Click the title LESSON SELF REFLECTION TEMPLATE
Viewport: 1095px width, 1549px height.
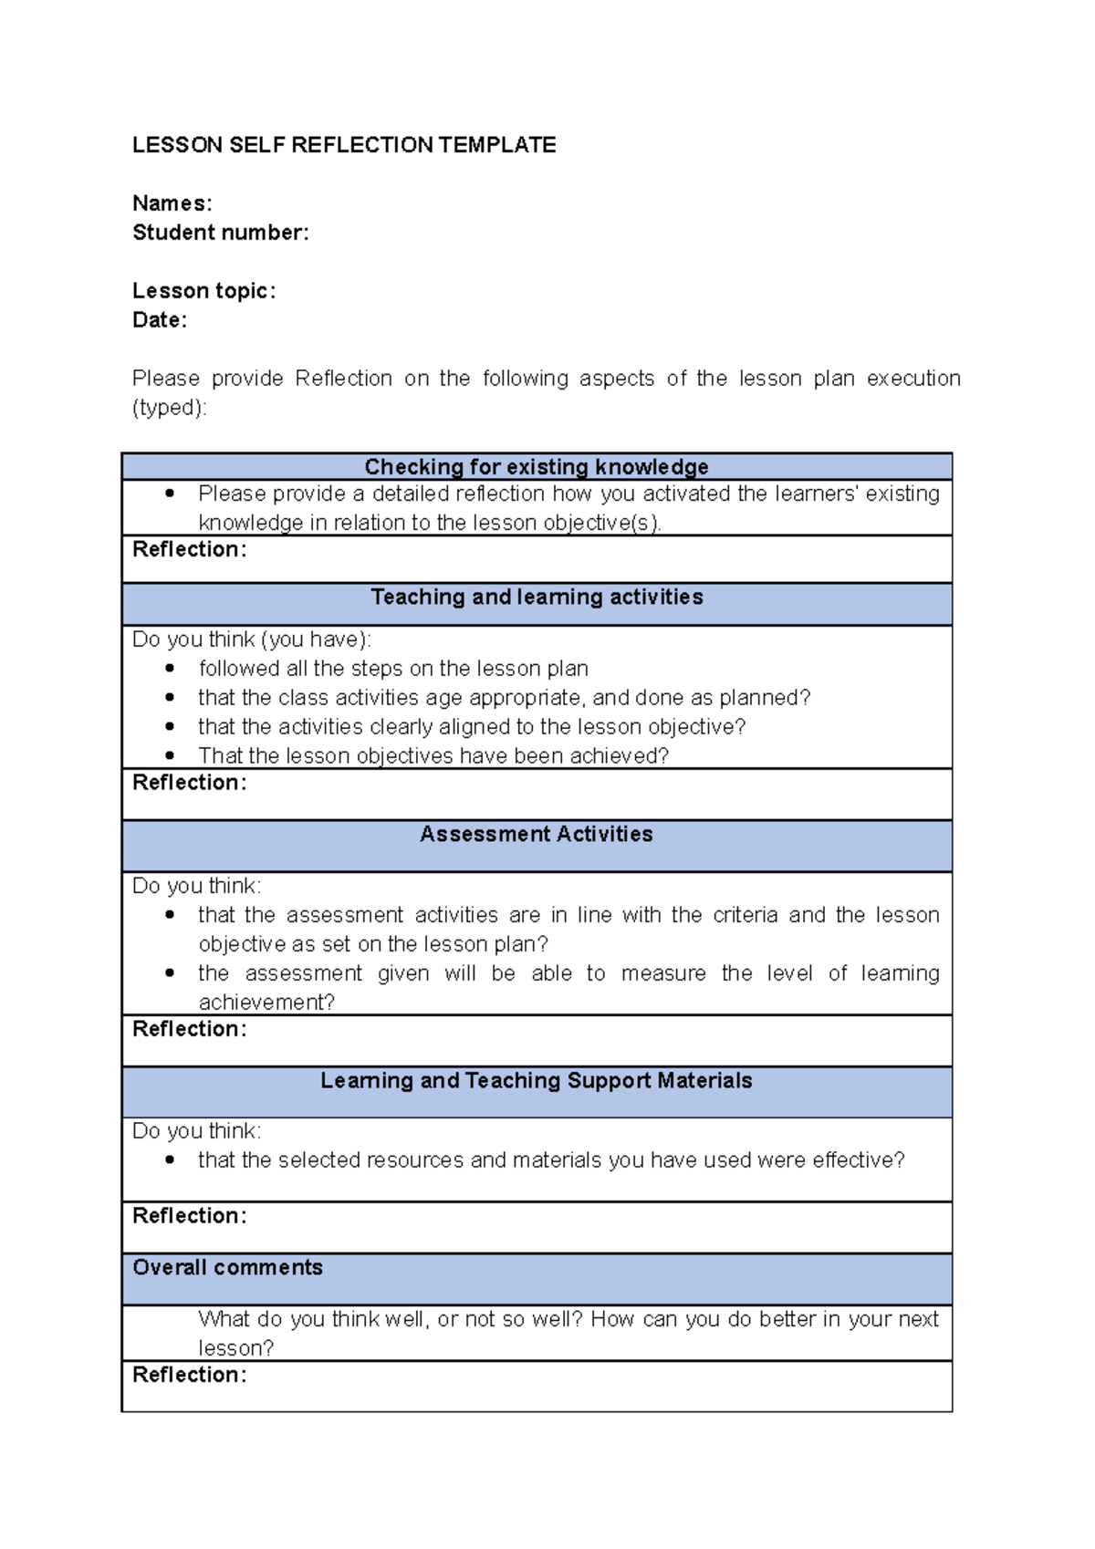point(344,145)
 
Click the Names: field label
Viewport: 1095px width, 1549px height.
point(172,203)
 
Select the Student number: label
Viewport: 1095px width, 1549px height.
point(221,233)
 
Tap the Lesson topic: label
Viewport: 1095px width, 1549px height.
point(203,291)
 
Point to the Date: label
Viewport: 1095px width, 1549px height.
point(160,320)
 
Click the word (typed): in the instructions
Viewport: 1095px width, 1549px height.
point(170,408)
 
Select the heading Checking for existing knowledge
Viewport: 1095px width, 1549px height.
point(537,467)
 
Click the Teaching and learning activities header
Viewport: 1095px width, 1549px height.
point(537,598)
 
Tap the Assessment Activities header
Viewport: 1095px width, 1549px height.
point(537,835)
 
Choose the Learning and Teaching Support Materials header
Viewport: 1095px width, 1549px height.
point(537,1081)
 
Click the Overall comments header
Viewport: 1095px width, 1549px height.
point(228,1268)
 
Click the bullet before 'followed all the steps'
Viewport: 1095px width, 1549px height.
point(170,669)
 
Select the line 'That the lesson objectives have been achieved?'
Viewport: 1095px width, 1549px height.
point(433,756)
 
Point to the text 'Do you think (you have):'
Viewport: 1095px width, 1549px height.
point(252,639)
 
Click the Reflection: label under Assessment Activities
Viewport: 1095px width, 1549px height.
point(190,1029)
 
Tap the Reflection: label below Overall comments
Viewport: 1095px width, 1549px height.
point(190,1375)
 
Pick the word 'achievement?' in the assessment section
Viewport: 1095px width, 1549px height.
point(266,1003)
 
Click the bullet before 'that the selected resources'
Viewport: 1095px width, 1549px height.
point(170,1160)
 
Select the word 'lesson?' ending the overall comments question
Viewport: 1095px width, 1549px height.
point(236,1348)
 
